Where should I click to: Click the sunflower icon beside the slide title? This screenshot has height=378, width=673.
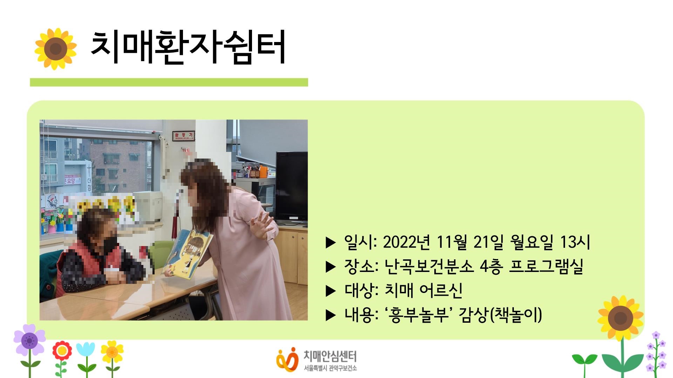click(56, 49)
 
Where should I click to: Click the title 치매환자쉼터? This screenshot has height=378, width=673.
click(188, 48)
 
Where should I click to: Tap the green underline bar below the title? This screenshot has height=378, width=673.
click(169, 82)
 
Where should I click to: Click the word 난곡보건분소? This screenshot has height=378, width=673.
click(429, 267)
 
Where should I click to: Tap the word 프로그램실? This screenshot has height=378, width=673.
click(546, 267)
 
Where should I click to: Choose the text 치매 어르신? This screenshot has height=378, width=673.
click(423, 290)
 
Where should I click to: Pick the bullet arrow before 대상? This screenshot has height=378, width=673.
click(331, 291)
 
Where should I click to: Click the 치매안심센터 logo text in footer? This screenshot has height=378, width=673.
click(330, 357)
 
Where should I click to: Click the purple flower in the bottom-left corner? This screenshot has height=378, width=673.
click(29, 339)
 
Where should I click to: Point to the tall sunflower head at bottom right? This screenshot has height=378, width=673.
click(621, 318)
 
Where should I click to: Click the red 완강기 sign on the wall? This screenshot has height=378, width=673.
click(183, 136)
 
